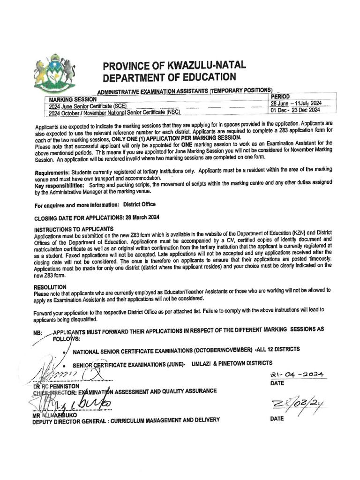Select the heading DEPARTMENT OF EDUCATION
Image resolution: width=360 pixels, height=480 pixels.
point(169,77)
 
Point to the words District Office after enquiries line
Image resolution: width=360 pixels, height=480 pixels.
point(140,205)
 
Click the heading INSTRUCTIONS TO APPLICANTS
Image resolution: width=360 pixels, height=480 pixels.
point(74,229)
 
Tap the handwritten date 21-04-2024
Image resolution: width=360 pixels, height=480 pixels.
point(298,373)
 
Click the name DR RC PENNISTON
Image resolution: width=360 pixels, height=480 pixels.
point(57,386)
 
